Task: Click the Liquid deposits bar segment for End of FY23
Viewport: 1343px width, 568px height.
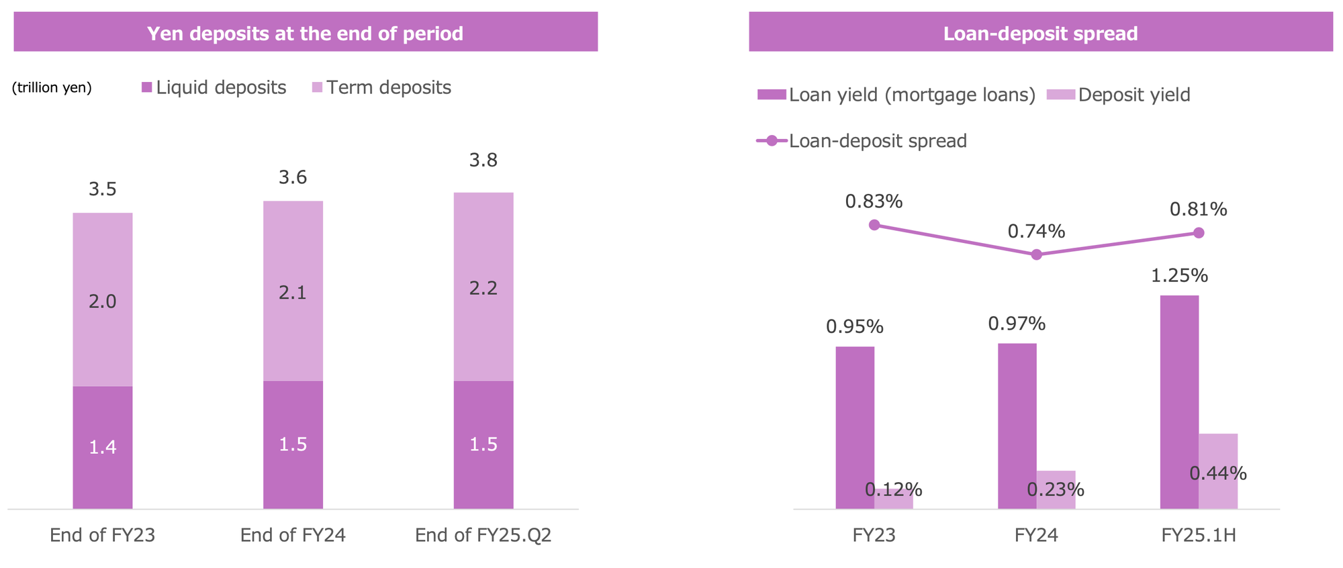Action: point(102,447)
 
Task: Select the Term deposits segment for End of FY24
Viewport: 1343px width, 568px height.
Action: point(293,291)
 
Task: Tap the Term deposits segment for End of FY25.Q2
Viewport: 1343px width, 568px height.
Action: point(483,287)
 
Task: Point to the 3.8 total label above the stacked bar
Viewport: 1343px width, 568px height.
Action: point(483,160)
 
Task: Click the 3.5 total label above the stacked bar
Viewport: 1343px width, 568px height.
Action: point(102,189)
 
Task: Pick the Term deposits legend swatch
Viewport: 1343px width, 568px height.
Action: point(318,88)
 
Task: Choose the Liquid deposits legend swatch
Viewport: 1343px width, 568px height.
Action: point(146,88)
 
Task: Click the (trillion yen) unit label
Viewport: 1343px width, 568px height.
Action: point(52,88)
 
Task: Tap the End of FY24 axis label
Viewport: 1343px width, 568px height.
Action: point(293,535)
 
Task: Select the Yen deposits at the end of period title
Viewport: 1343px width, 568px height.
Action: point(305,33)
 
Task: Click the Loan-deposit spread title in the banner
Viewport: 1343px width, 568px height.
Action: point(1040,33)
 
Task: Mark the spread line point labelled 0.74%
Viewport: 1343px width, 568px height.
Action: point(1036,254)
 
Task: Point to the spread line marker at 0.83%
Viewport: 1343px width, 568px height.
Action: point(874,225)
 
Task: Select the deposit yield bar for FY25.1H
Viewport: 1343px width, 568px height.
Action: point(1218,471)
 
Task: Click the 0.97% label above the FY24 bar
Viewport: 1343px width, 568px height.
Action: point(1017,324)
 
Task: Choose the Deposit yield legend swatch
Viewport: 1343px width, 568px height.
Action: point(1061,95)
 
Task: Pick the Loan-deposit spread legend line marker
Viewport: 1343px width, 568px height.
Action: point(772,141)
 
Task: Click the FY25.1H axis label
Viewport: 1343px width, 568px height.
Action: point(1199,535)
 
